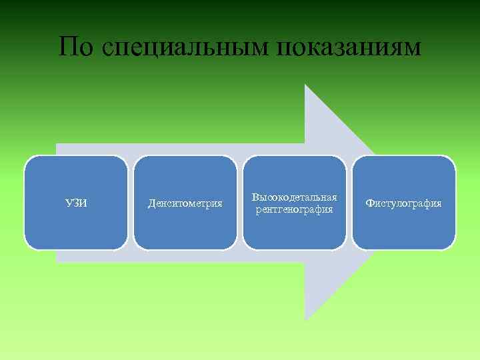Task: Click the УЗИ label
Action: coord(76,203)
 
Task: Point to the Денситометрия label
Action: coord(185,203)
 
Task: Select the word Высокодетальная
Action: coord(294,198)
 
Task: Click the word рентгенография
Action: coord(294,209)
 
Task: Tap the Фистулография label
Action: coord(403,203)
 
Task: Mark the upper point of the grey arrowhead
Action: coord(305,85)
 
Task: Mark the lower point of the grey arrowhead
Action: coord(305,321)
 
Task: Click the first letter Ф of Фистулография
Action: coord(369,203)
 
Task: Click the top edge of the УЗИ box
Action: coord(76,156)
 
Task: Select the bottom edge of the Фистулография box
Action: coord(404,249)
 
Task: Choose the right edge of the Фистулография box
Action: coord(455,203)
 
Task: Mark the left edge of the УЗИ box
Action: coord(25,203)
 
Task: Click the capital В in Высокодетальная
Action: coord(255,198)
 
